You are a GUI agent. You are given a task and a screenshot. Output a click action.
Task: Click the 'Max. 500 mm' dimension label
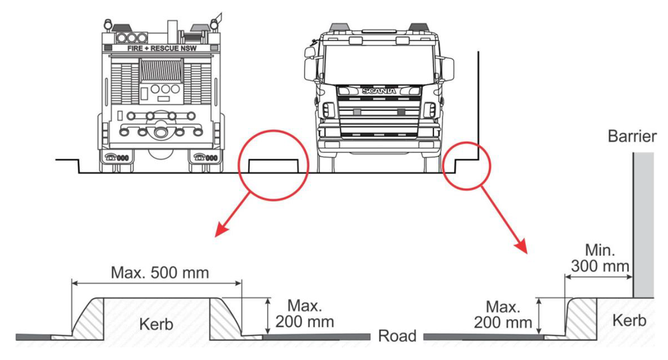pos(160,273)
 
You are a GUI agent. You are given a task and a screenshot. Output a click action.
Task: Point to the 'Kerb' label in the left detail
pos(157,325)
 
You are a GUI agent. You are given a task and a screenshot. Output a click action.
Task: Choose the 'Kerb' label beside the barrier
pos(629,321)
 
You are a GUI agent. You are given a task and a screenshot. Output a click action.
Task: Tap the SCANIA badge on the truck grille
pos(379,90)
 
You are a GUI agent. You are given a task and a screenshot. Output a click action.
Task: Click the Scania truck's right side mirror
pos(448,67)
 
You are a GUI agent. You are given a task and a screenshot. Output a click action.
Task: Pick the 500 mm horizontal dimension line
pos(157,283)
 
